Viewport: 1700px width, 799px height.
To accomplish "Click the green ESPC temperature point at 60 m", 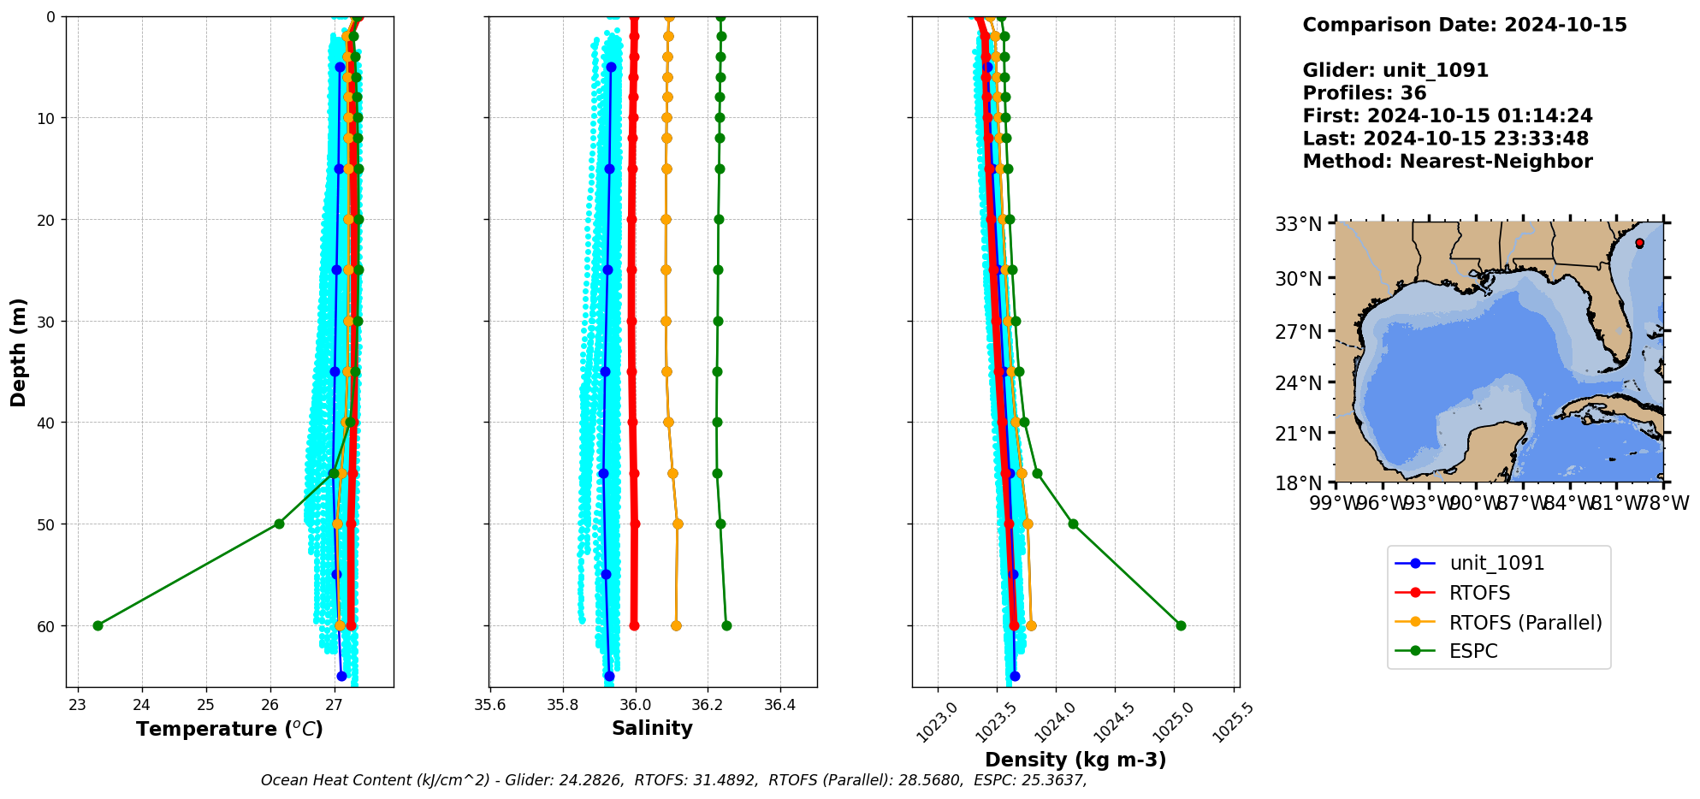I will tap(98, 625).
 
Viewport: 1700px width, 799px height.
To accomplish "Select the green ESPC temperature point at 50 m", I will tap(279, 524).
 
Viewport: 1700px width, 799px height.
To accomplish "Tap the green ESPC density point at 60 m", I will tap(1181, 625).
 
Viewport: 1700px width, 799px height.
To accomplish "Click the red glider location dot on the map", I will tap(1639, 243).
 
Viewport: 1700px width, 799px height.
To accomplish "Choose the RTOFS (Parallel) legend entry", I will tap(1525, 623).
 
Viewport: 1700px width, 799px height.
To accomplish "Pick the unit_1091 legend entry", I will tap(1496, 563).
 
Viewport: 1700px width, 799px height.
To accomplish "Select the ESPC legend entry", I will tap(1473, 652).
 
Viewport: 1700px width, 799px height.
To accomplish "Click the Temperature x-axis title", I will tap(229, 729).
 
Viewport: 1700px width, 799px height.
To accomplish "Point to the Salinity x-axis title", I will tap(652, 728).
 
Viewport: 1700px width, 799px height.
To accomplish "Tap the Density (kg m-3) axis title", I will tap(1075, 760).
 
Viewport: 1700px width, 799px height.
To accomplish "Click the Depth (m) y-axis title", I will tap(18, 352).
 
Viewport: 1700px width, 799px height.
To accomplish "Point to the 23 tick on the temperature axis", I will tap(78, 705).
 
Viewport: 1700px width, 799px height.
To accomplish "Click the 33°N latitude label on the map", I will tap(1299, 224).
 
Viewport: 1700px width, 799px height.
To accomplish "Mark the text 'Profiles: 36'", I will tap(1365, 93).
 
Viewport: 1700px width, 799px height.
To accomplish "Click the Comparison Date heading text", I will tap(1465, 25).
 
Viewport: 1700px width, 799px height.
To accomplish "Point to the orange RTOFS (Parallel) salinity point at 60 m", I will tap(676, 625).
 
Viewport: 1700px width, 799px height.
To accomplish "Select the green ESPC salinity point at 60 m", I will tap(726, 625).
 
